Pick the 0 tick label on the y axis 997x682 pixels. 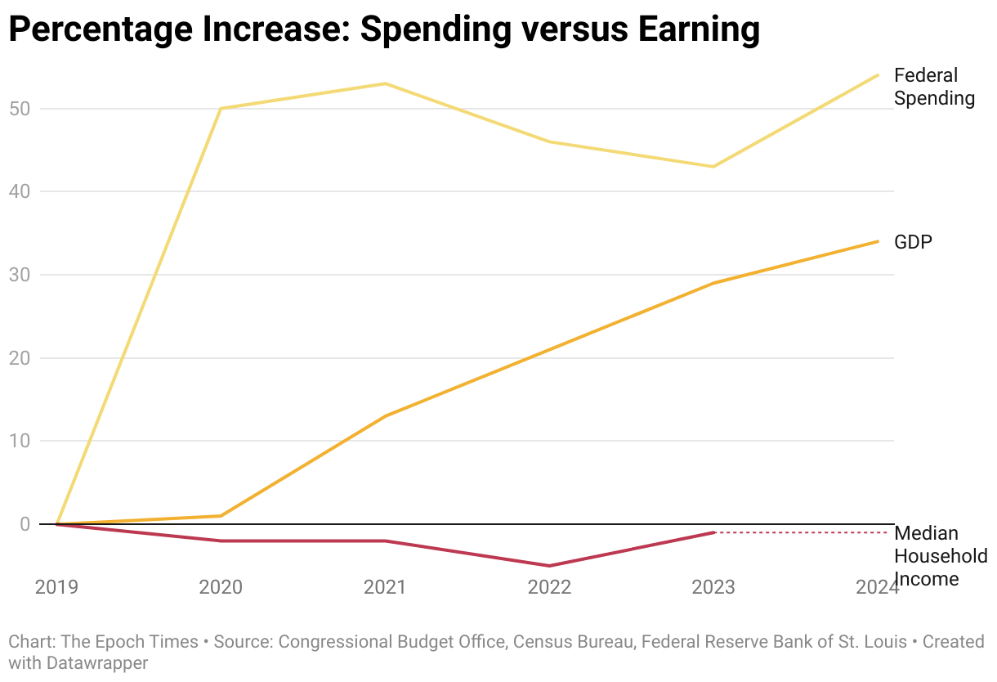[x=25, y=524]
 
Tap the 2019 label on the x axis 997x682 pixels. [x=57, y=587]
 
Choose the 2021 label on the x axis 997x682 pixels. [x=386, y=587]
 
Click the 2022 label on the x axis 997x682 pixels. [x=550, y=587]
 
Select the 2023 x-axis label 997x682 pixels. [x=713, y=587]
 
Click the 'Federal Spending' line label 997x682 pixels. [x=934, y=87]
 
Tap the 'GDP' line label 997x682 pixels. [x=913, y=242]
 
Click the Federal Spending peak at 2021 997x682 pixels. [x=386, y=83]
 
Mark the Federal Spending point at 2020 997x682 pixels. [x=221, y=109]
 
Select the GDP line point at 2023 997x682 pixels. [x=714, y=283]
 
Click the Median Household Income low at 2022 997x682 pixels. [x=550, y=566]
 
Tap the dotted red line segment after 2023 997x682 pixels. [x=801, y=532]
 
